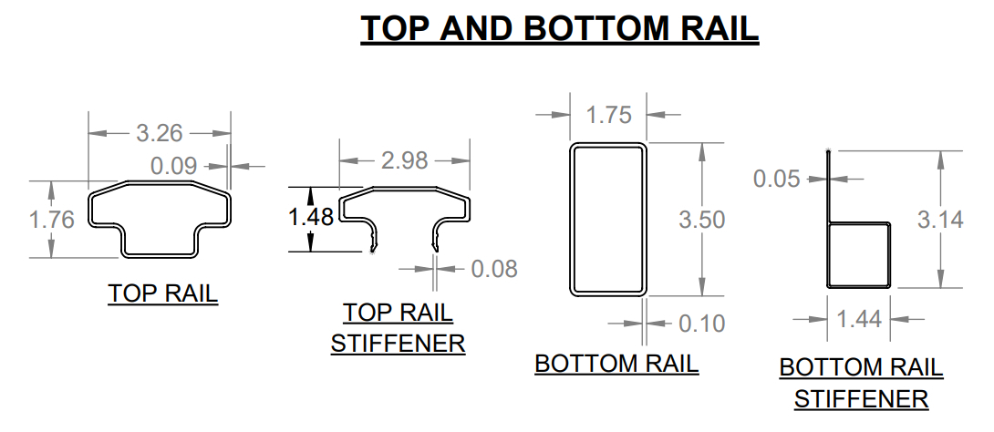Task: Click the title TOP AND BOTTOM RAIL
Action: [559, 28]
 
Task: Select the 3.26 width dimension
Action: [160, 133]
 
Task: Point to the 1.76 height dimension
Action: [52, 220]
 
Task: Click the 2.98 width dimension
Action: [404, 160]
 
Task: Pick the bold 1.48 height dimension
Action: [311, 218]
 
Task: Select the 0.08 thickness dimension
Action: [493, 269]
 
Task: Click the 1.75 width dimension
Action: [608, 116]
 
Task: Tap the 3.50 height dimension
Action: [702, 220]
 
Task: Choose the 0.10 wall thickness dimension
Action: [701, 324]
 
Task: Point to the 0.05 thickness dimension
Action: [776, 179]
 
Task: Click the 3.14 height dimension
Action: [939, 220]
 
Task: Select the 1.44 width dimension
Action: [859, 319]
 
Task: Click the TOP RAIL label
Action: [163, 293]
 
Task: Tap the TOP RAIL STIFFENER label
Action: [398, 328]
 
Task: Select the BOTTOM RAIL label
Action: [616, 364]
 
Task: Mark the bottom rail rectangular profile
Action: [608, 220]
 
